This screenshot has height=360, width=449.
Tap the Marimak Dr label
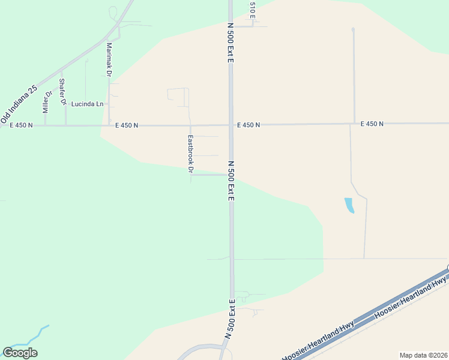point(109,59)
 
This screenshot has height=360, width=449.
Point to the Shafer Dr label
point(62,92)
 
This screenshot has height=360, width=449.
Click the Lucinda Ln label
point(87,104)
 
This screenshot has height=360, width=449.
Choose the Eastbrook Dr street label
point(190,154)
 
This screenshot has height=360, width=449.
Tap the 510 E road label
point(253,9)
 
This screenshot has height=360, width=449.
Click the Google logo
point(20,353)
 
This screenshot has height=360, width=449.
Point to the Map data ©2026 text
point(423,355)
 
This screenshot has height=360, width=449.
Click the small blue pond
point(349,205)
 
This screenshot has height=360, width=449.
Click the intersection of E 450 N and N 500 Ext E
point(231,125)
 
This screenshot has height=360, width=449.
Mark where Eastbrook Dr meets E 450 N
point(190,125)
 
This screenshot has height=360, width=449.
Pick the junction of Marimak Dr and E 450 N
point(109,125)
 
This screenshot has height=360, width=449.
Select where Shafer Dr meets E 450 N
point(65,125)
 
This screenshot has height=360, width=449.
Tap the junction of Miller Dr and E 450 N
point(46,125)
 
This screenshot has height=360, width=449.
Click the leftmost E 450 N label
point(21,125)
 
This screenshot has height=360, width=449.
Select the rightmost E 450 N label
point(372,124)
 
